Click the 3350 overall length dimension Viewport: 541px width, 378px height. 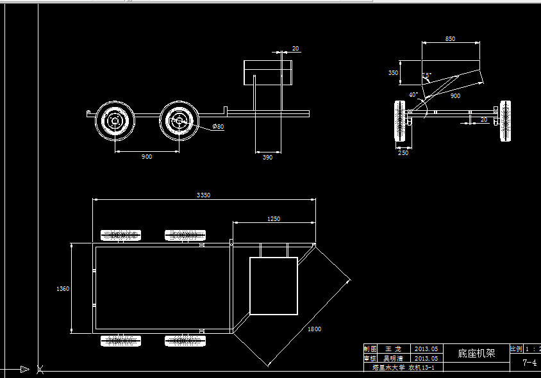click(203, 195)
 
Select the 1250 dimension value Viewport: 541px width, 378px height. click(273, 218)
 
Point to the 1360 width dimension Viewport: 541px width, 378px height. click(63, 289)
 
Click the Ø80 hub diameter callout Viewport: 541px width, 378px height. click(219, 127)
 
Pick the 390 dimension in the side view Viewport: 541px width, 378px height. click(267, 157)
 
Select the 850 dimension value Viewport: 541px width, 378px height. click(450, 39)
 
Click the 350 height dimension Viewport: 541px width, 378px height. click(393, 73)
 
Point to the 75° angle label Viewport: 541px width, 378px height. click(427, 75)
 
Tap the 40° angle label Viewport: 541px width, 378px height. click(413, 95)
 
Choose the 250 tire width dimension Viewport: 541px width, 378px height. click(403, 152)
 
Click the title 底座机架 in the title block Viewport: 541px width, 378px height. click(476, 353)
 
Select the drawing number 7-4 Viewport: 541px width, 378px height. click(529, 363)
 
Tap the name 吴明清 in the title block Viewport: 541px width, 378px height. click(392, 359)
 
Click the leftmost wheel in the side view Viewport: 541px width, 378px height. click(115, 121)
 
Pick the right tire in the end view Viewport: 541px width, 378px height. click(505, 120)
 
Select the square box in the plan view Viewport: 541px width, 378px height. click(273, 286)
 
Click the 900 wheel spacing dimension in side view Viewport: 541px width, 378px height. click(147, 157)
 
